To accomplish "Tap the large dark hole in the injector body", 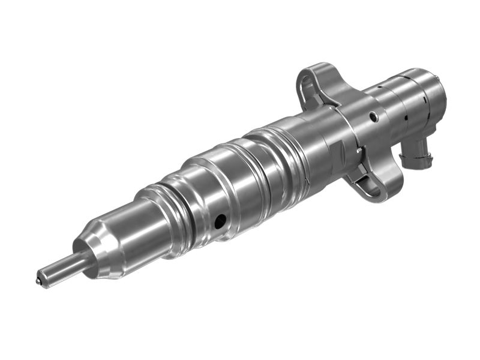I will point(220,221).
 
